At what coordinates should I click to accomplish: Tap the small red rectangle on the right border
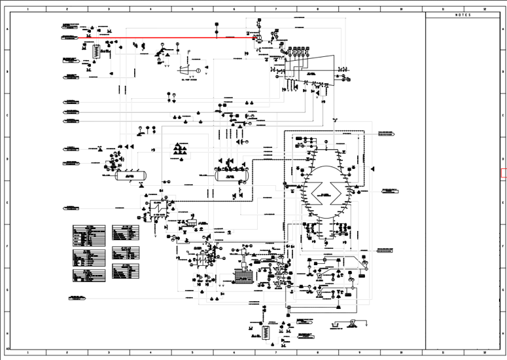click(504, 173)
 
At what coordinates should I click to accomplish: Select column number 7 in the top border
click(275, 9)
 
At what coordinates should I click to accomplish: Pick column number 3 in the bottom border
click(109, 353)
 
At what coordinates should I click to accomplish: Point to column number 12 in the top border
click(484, 9)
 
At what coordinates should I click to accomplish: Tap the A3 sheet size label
click(8, 348)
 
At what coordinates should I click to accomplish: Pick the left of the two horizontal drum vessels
click(131, 175)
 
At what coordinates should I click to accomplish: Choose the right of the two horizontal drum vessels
click(232, 175)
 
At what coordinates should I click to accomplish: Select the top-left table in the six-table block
click(88, 232)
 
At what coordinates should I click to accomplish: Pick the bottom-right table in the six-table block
click(126, 272)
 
